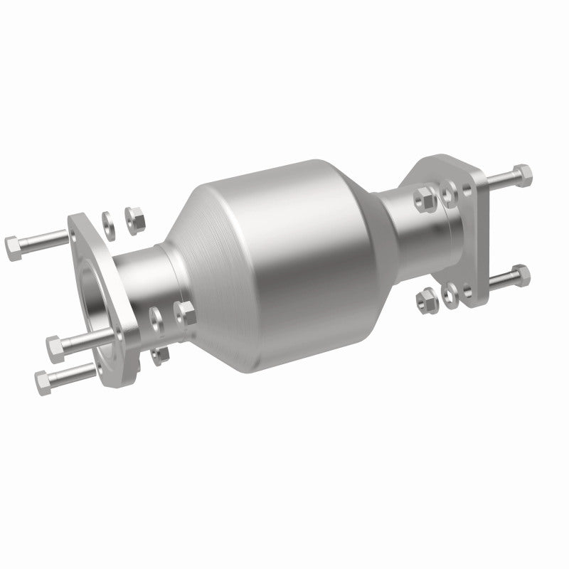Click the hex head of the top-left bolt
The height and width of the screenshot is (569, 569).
coord(14,247)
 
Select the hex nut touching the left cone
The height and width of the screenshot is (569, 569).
coord(186,312)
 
